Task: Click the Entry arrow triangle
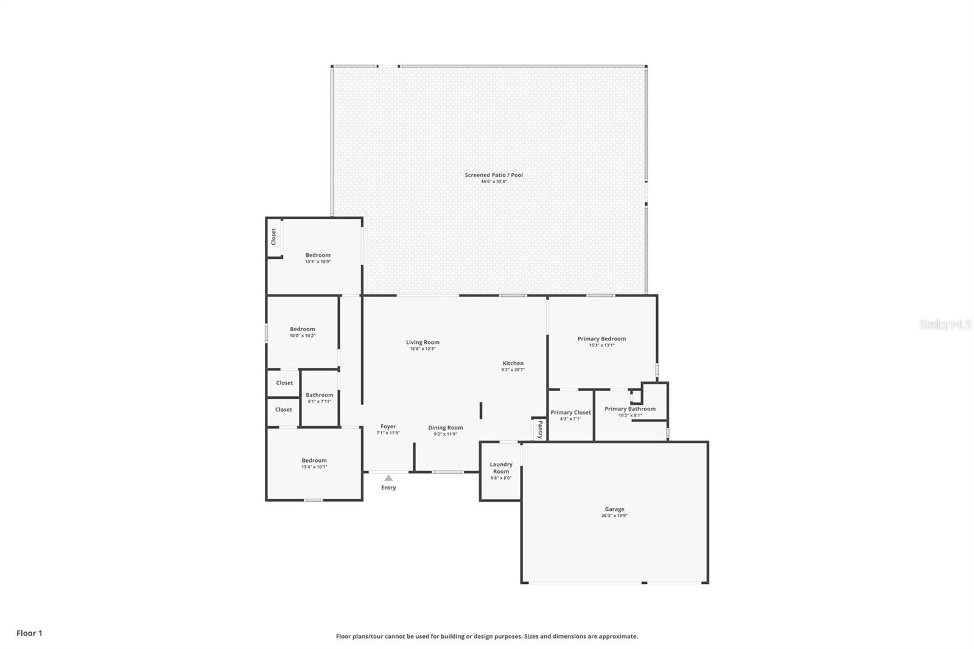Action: [x=388, y=478]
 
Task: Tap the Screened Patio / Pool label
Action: [x=494, y=175]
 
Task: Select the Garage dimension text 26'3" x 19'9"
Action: [x=614, y=516]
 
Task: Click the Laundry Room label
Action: [x=501, y=468]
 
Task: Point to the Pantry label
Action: [x=539, y=429]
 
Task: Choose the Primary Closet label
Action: [x=570, y=412]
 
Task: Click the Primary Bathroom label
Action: [x=630, y=409]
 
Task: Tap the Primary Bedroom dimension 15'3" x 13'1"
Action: [x=601, y=345]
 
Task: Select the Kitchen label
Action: [x=513, y=363]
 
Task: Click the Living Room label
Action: [x=422, y=342]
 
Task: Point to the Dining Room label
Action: [x=445, y=427]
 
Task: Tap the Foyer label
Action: [x=388, y=426]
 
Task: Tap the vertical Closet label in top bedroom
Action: [x=273, y=236]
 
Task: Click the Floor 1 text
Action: [x=29, y=633]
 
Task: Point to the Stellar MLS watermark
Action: [x=945, y=324]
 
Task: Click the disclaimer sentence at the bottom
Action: [x=487, y=636]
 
